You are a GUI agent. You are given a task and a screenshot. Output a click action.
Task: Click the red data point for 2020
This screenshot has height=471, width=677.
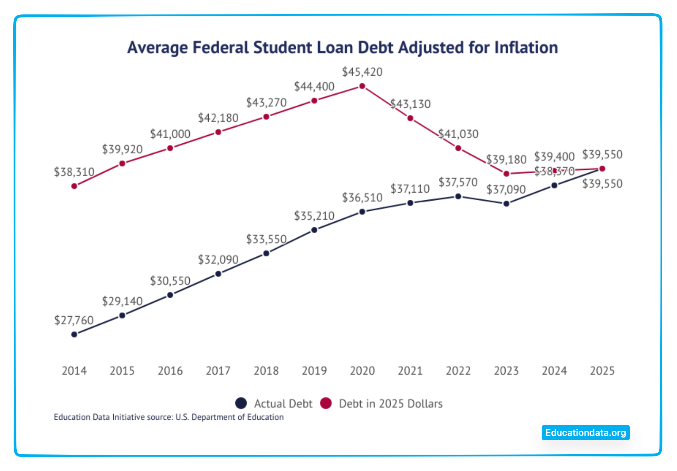click(x=362, y=86)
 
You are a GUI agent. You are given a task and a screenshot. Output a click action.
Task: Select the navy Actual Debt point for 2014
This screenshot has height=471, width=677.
click(x=75, y=334)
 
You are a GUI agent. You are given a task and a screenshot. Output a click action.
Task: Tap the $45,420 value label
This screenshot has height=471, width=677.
click(x=362, y=72)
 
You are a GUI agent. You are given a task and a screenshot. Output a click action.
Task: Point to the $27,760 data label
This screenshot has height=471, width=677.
click(x=74, y=320)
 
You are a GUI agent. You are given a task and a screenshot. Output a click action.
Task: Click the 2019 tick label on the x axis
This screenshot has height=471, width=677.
click(x=314, y=370)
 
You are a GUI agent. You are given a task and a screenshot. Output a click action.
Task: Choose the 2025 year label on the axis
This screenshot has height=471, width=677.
click(x=602, y=370)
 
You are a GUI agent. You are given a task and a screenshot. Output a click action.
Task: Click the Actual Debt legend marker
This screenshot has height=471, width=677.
click(x=241, y=403)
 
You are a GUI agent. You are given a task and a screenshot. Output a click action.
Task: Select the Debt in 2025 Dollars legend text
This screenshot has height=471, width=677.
click(x=390, y=403)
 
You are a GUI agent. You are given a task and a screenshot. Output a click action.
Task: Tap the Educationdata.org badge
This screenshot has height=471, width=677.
click(x=585, y=433)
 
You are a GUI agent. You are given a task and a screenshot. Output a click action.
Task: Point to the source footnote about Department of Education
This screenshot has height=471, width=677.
click(x=169, y=417)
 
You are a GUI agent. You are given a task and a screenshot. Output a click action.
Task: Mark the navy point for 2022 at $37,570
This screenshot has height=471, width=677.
click(x=458, y=196)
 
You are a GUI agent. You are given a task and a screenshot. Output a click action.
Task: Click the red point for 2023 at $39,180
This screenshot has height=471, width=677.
click(x=506, y=174)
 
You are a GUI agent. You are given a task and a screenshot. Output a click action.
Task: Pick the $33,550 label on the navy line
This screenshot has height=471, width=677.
click(x=266, y=239)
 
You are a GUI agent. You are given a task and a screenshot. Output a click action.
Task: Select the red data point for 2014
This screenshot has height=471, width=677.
click(x=75, y=186)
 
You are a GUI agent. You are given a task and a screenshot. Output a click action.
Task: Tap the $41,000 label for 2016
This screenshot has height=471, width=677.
click(x=170, y=134)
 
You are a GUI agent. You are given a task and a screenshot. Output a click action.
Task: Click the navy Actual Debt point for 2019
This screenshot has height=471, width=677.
click(x=314, y=230)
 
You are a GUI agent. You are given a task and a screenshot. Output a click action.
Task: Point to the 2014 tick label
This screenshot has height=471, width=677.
click(x=74, y=370)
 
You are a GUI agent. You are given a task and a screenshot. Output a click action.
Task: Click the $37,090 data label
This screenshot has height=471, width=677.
click(x=506, y=189)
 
